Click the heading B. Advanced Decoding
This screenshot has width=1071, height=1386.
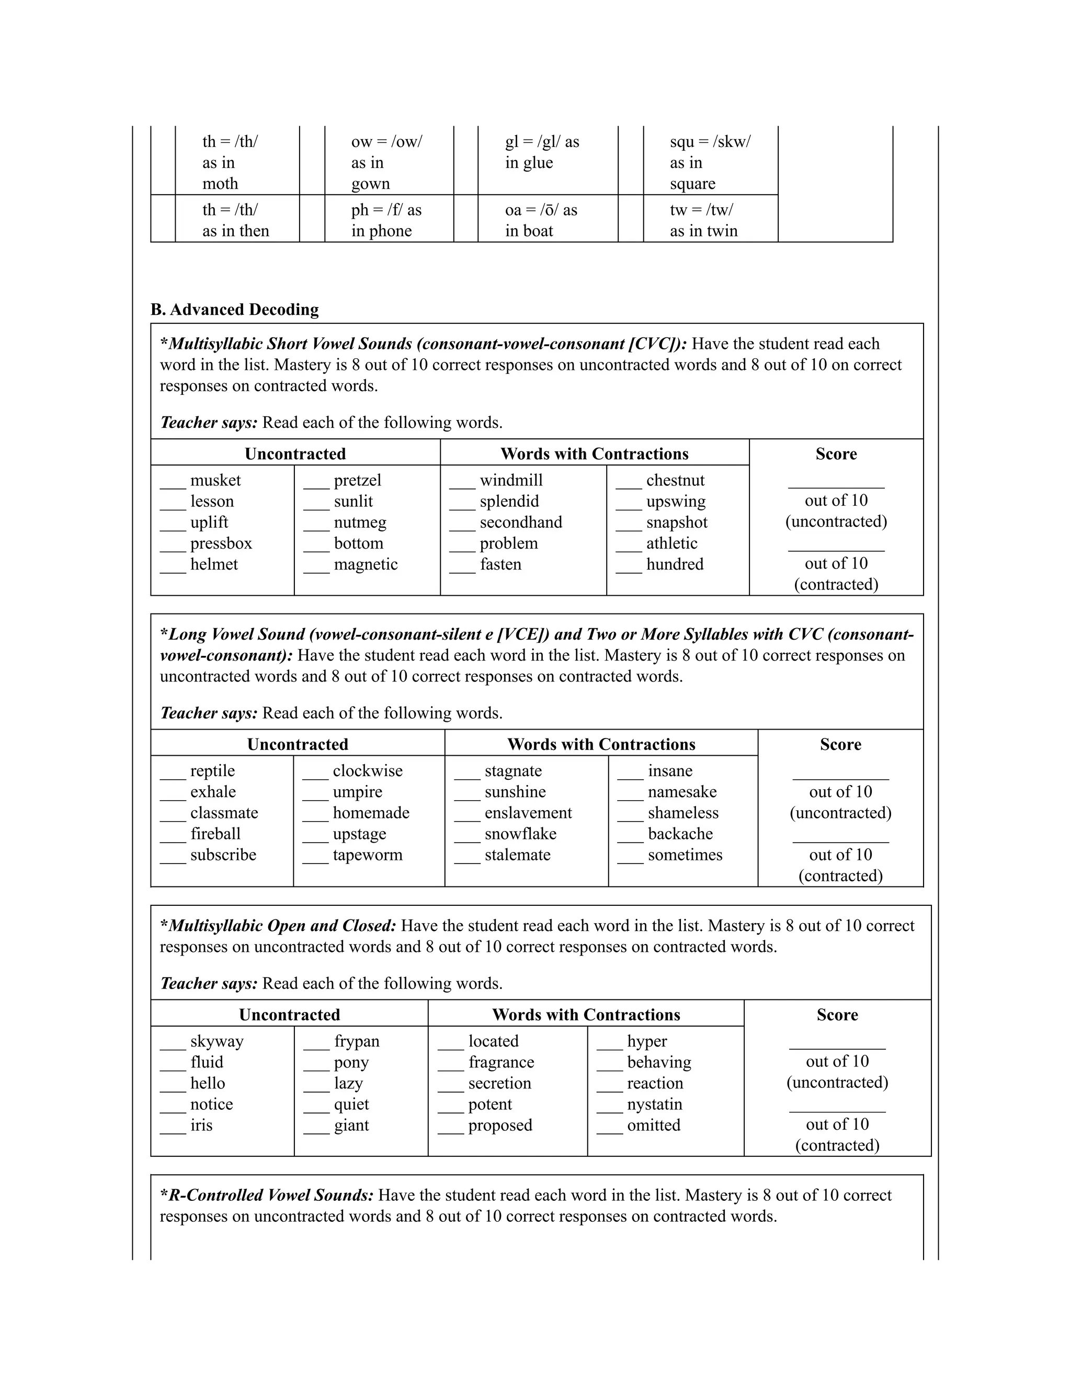(234, 310)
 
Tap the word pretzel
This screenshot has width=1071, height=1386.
(356, 481)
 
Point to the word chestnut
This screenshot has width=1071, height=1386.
(675, 481)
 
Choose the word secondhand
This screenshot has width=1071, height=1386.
(520, 522)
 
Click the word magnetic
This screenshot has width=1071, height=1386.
(366, 564)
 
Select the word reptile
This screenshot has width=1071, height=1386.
(212, 770)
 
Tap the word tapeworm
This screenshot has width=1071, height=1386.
(367, 855)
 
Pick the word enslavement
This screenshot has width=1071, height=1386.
(528, 813)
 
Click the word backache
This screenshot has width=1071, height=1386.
(680, 834)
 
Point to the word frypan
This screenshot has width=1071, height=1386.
(357, 1041)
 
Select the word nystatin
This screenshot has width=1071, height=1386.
(654, 1104)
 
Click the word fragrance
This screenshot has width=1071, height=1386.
(501, 1062)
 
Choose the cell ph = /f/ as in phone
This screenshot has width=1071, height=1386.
(389, 220)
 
